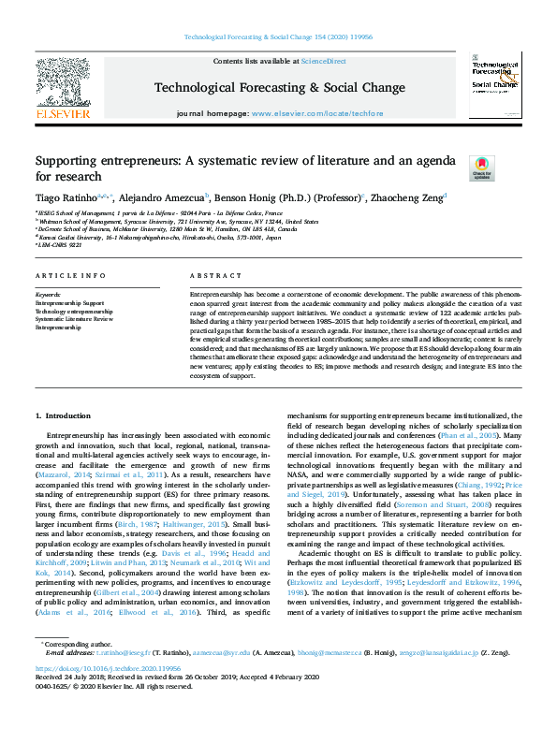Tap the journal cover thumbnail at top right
click(495, 84)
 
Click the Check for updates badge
click(480, 168)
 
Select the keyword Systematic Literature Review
click(75, 319)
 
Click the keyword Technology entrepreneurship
click(74, 312)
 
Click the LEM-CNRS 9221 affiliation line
click(66, 246)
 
